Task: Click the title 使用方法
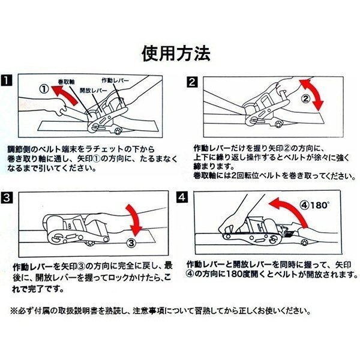(x=176, y=54)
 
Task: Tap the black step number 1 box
(x=7, y=80)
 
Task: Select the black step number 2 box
(x=192, y=82)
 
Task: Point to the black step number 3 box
(x=7, y=197)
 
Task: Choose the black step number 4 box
(x=182, y=197)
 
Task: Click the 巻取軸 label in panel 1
(x=66, y=82)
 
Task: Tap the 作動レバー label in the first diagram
(x=115, y=80)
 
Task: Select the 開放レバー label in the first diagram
(x=94, y=90)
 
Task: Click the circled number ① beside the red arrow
(x=44, y=89)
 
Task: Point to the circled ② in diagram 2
(x=305, y=99)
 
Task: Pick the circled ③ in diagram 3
(x=131, y=243)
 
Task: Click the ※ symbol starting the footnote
(x=13, y=311)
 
